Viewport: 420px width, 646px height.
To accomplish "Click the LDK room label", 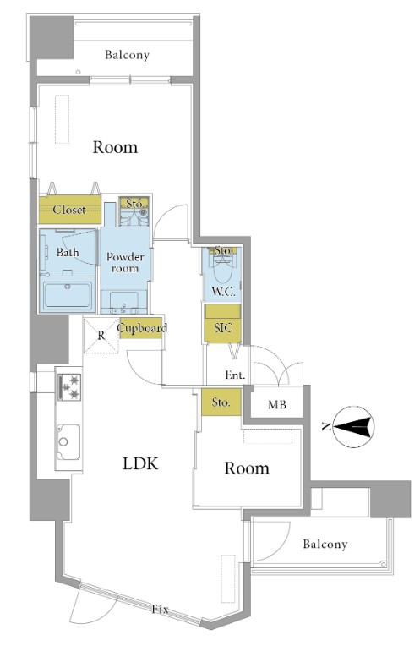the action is click(x=140, y=464).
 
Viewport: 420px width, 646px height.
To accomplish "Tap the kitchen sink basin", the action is click(x=68, y=442).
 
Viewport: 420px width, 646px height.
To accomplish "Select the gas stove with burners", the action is click(x=69, y=387).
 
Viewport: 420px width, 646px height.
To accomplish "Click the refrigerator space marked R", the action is click(x=101, y=336).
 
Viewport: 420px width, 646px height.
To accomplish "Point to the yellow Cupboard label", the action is click(x=142, y=328).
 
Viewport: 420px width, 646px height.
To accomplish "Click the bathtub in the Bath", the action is click(x=68, y=295).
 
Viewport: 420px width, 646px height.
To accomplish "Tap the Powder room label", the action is click(x=125, y=262).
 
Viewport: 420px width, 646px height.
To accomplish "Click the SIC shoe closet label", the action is click(x=223, y=328).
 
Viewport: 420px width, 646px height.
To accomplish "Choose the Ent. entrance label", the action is click(x=235, y=375).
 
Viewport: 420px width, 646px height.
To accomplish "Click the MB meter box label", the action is click(x=277, y=404).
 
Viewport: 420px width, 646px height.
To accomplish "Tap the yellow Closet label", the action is click(x=69, y=210).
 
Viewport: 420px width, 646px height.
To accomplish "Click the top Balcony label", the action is click(x=127, y=55).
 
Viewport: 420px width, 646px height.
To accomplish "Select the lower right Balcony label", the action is click(x=325, y=545).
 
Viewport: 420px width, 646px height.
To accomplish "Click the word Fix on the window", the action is click(x=160, y=609).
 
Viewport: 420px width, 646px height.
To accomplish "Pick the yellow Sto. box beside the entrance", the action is click(x=221, y=402).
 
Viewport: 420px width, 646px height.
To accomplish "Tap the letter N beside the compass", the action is click(x=326, y=427).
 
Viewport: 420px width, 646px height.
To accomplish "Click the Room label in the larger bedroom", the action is click(x=115, y=147).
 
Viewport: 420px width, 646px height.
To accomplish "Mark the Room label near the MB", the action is click(x=247, y=468).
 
